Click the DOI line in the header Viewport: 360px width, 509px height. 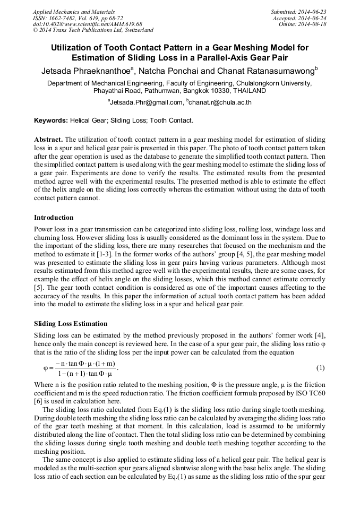88,24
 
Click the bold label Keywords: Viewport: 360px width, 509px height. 52,120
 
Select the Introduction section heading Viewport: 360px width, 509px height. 54,218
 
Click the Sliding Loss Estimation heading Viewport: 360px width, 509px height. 71,324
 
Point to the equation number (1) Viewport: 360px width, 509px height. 320,368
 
